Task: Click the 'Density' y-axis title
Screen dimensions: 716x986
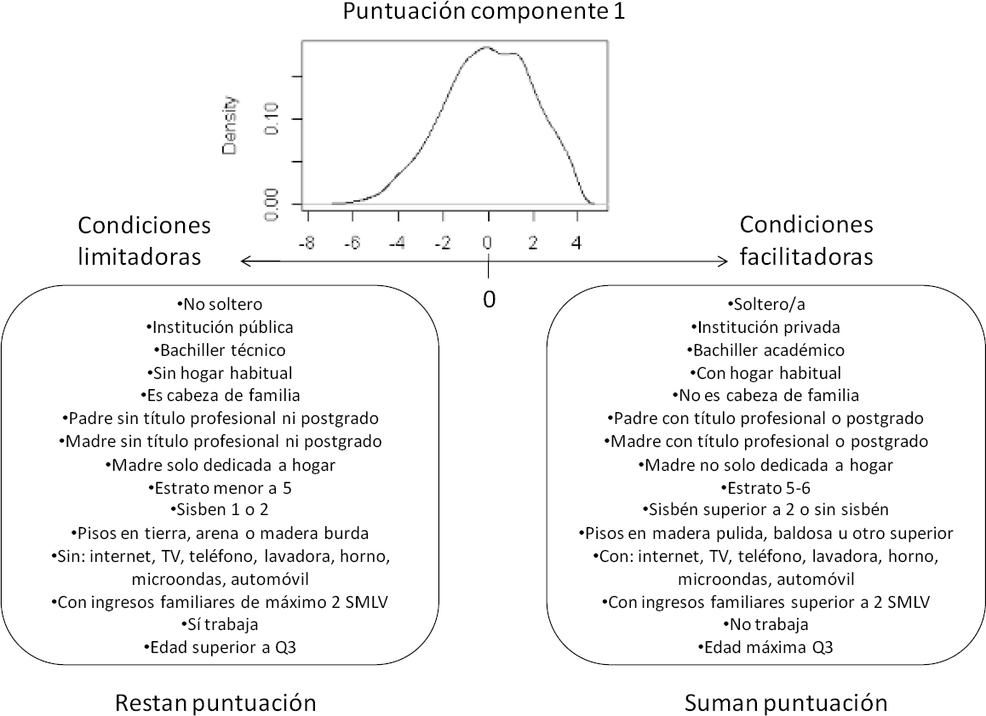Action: pyautogui.click(x=231, y=124)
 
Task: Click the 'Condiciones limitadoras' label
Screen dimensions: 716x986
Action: pyautogui.click(x=144, y=241)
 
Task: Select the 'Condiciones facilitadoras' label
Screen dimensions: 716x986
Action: pyautogui.click(x=806, y=241)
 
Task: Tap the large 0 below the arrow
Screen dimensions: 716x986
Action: pyautogui.click(x=489, y=300)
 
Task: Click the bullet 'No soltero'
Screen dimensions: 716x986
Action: pyautogui.click(x=221, y=304)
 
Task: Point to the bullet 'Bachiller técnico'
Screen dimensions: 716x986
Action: pyautogui.click(x=221, y=350)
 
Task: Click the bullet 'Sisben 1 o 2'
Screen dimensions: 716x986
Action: pyautogui.click(x=221, y=511)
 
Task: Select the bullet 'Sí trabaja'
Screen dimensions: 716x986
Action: pyautogui.click(x=221, y=624)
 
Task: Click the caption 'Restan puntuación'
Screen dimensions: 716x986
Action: pyautogui.click(x=215, y=703)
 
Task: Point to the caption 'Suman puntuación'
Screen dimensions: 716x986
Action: pyautogui.click(x=786, y=703)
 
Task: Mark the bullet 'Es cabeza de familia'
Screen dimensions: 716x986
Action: pyautogui.click(x=221, y=396)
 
